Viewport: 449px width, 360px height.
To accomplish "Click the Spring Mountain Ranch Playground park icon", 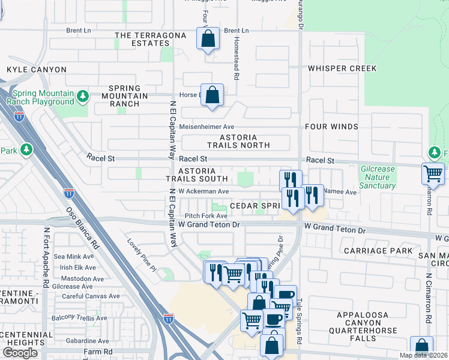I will point(83,96).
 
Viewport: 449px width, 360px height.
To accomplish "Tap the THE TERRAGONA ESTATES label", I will point(142,39).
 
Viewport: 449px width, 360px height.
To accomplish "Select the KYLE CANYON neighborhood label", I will point(37,70).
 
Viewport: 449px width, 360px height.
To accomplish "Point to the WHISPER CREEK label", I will point(342,68).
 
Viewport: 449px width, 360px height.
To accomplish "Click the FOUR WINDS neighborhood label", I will point(331,127).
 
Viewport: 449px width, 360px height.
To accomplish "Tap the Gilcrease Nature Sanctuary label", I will point(378,177).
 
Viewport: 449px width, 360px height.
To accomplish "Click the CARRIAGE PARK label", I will point(378,250).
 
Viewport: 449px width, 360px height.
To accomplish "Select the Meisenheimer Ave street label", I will point(211,127).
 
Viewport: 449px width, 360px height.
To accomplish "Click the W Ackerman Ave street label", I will point(203,191).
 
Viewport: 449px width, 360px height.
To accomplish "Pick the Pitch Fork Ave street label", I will point(206,215).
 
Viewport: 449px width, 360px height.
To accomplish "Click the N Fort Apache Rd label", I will point(46,256).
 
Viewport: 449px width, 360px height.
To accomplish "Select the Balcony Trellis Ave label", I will point(79,318).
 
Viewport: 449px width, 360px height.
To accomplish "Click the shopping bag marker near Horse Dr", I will point(212,94).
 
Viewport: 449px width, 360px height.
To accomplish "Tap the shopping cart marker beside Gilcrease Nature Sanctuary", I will point(432,173).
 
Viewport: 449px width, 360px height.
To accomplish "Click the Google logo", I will point(20,353).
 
